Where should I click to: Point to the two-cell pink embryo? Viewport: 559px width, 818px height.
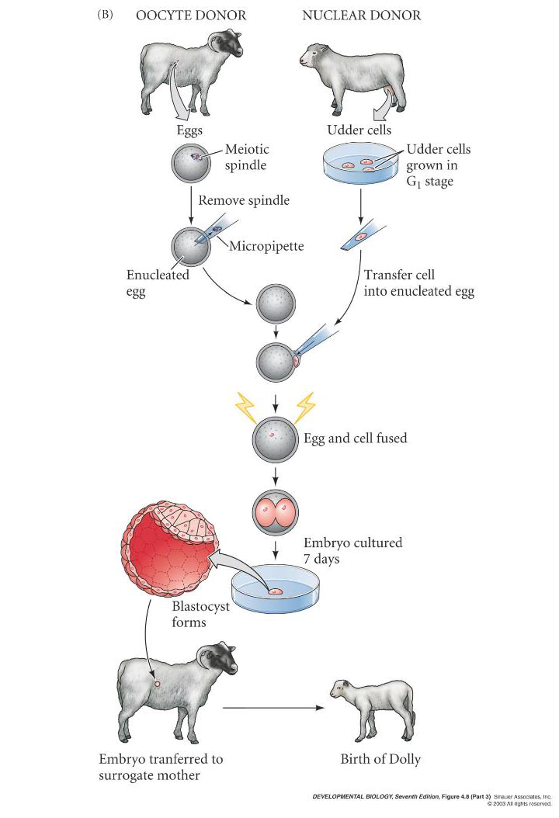point(275,512)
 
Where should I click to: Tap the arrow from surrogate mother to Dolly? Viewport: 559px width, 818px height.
point(272,707)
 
